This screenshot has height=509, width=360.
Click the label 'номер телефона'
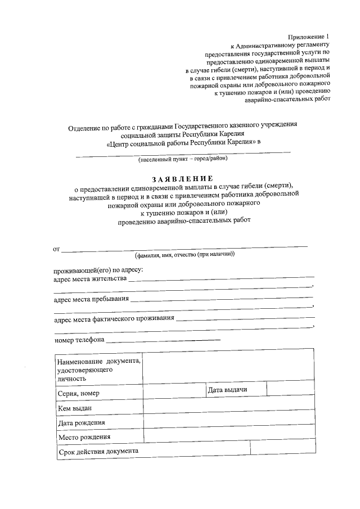79,340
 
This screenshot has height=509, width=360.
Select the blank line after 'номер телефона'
163,340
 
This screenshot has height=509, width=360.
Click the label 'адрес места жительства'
90,278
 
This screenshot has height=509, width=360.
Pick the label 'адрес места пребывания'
91,299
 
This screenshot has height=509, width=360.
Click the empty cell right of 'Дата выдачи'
290,389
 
